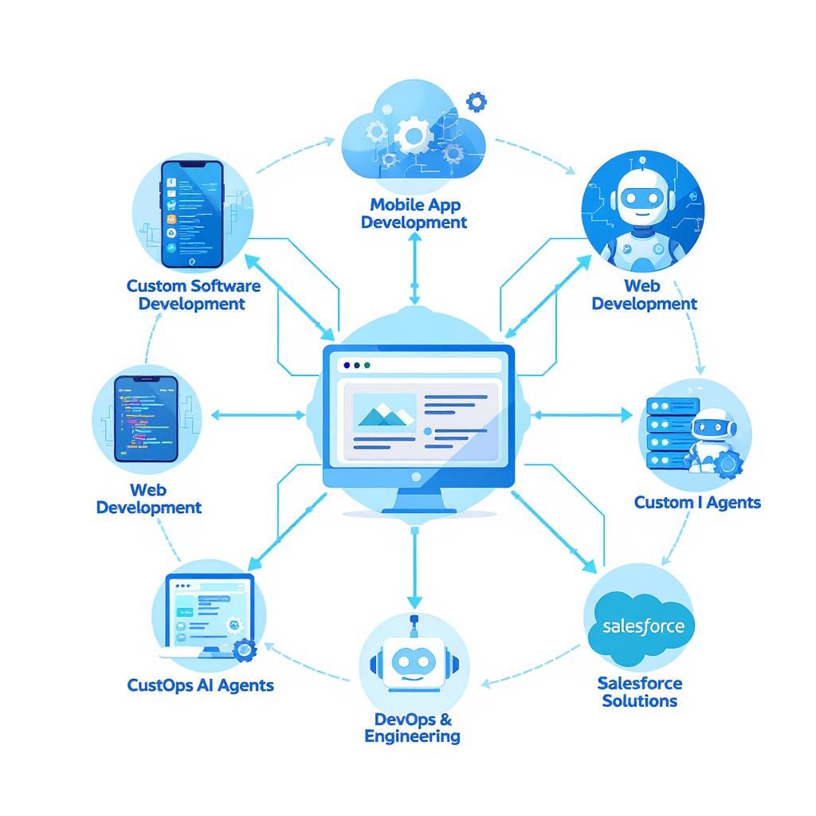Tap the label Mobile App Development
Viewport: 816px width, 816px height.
[414, 214]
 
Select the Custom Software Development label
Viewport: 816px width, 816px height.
[193, 294]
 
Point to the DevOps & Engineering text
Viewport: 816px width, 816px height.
[412, 727]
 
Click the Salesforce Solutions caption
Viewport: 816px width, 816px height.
[640, 692]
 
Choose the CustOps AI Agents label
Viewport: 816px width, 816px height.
[200, 685]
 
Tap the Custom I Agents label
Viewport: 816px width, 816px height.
[697, 502]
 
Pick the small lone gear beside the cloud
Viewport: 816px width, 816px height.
[477, 101]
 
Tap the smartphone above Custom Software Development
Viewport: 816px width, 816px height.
[191, 214]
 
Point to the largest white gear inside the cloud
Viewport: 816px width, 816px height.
[414, 135]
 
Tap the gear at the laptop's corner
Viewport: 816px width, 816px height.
[245, 649]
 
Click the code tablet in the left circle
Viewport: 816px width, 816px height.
[146, 418]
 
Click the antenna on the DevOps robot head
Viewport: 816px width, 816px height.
[413, 622]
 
